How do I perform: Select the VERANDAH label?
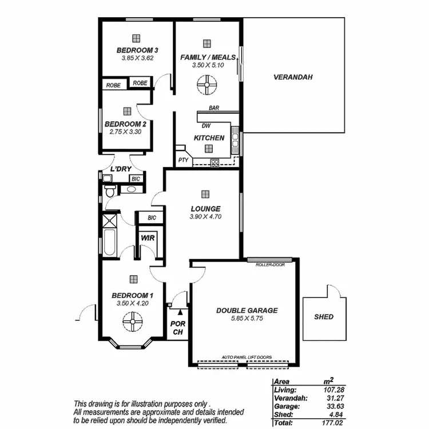point(293,77)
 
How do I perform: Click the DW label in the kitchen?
point(206,126)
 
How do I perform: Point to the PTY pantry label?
point(183,160)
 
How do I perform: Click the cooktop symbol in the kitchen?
point(214,162)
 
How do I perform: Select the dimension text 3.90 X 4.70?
point(205,217)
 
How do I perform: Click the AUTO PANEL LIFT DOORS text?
point(247,357)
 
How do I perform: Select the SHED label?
point(324,316)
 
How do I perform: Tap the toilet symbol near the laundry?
point(109,192)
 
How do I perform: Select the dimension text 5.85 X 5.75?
point(247,319)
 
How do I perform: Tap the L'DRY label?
point(121,169)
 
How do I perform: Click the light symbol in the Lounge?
point(205,193)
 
